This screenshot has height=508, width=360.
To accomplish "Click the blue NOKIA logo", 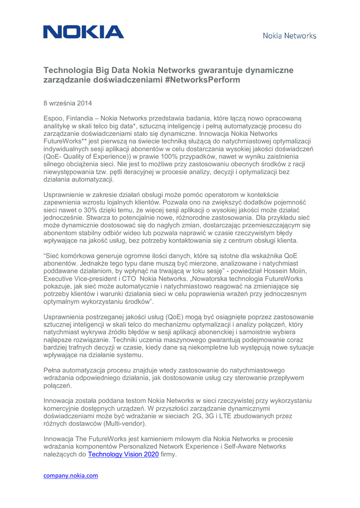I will coord(83,33).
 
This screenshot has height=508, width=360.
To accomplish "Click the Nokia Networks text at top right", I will coord(289,36).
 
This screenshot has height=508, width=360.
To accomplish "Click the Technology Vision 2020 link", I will coord(123,454).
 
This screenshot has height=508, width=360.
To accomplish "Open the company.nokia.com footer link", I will coord(71,475).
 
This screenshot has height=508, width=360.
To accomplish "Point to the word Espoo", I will coord(54,119).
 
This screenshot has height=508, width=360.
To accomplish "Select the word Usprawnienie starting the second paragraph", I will coord(67,194).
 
